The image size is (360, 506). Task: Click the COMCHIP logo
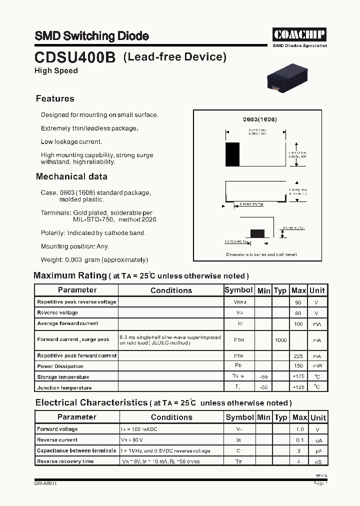tap(299, 34)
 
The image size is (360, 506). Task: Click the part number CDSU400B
tap(75, 58)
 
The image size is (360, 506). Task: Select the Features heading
tap(55, 98)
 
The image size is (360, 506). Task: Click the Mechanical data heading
tap(71, 176)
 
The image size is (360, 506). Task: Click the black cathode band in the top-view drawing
tap(232, 154)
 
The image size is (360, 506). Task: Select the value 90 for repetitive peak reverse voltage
tap(298, 302)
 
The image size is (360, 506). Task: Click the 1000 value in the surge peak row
tap(281, 340)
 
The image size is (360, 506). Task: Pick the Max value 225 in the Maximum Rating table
tap(298, 356)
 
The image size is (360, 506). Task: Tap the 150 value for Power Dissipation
tap(298, 366)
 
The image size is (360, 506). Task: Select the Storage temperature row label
tap(63, 377)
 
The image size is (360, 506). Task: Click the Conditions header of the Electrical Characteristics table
tap(171, 417)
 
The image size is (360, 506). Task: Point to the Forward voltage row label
tap(57, 429)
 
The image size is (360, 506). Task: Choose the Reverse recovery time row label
tap(65, 461)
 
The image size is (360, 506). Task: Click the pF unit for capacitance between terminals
tap(317, 451)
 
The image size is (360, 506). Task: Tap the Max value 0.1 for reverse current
tap(299, 440)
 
